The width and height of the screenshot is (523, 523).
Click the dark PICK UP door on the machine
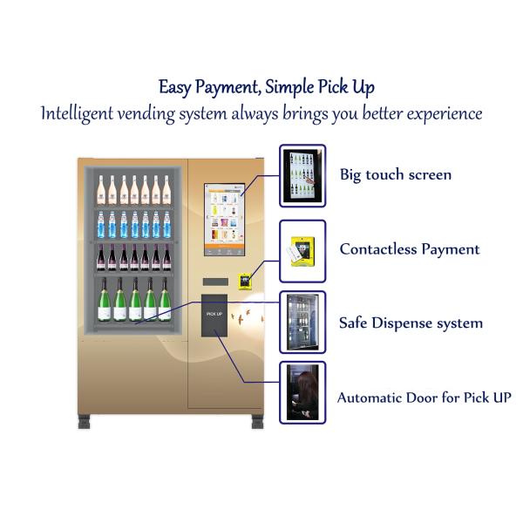coord(214,316)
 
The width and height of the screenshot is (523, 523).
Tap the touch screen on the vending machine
coord(225,220)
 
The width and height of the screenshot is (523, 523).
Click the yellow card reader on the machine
coord(245,281)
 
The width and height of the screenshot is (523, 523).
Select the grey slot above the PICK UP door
coord(215,282)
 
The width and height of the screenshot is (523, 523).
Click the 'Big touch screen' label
coord(396,175)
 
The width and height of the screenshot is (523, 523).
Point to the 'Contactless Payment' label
coord(410,249)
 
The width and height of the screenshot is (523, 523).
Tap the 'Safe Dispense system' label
coord(411,323)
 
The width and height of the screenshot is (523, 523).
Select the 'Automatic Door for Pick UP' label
coord(424,397)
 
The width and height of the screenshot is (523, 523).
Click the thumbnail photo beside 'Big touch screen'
coord(302,176)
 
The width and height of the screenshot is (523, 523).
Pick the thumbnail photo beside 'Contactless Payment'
coord(302,251)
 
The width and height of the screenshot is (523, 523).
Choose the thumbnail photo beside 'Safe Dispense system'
coord(302,323)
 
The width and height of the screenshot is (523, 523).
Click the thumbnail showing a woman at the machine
coord(302,392)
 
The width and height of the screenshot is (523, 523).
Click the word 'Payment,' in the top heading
coord(228,88)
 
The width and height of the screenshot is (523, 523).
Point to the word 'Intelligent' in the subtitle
coord(77,114)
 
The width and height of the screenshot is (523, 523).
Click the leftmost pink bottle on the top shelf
coord(101,190)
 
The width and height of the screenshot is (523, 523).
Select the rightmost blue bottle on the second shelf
coord(166,225)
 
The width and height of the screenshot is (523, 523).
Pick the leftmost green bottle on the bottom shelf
coord(105,300)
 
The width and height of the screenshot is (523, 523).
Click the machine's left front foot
coord(84,422)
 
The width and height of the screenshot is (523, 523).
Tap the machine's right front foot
coord(257,422)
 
